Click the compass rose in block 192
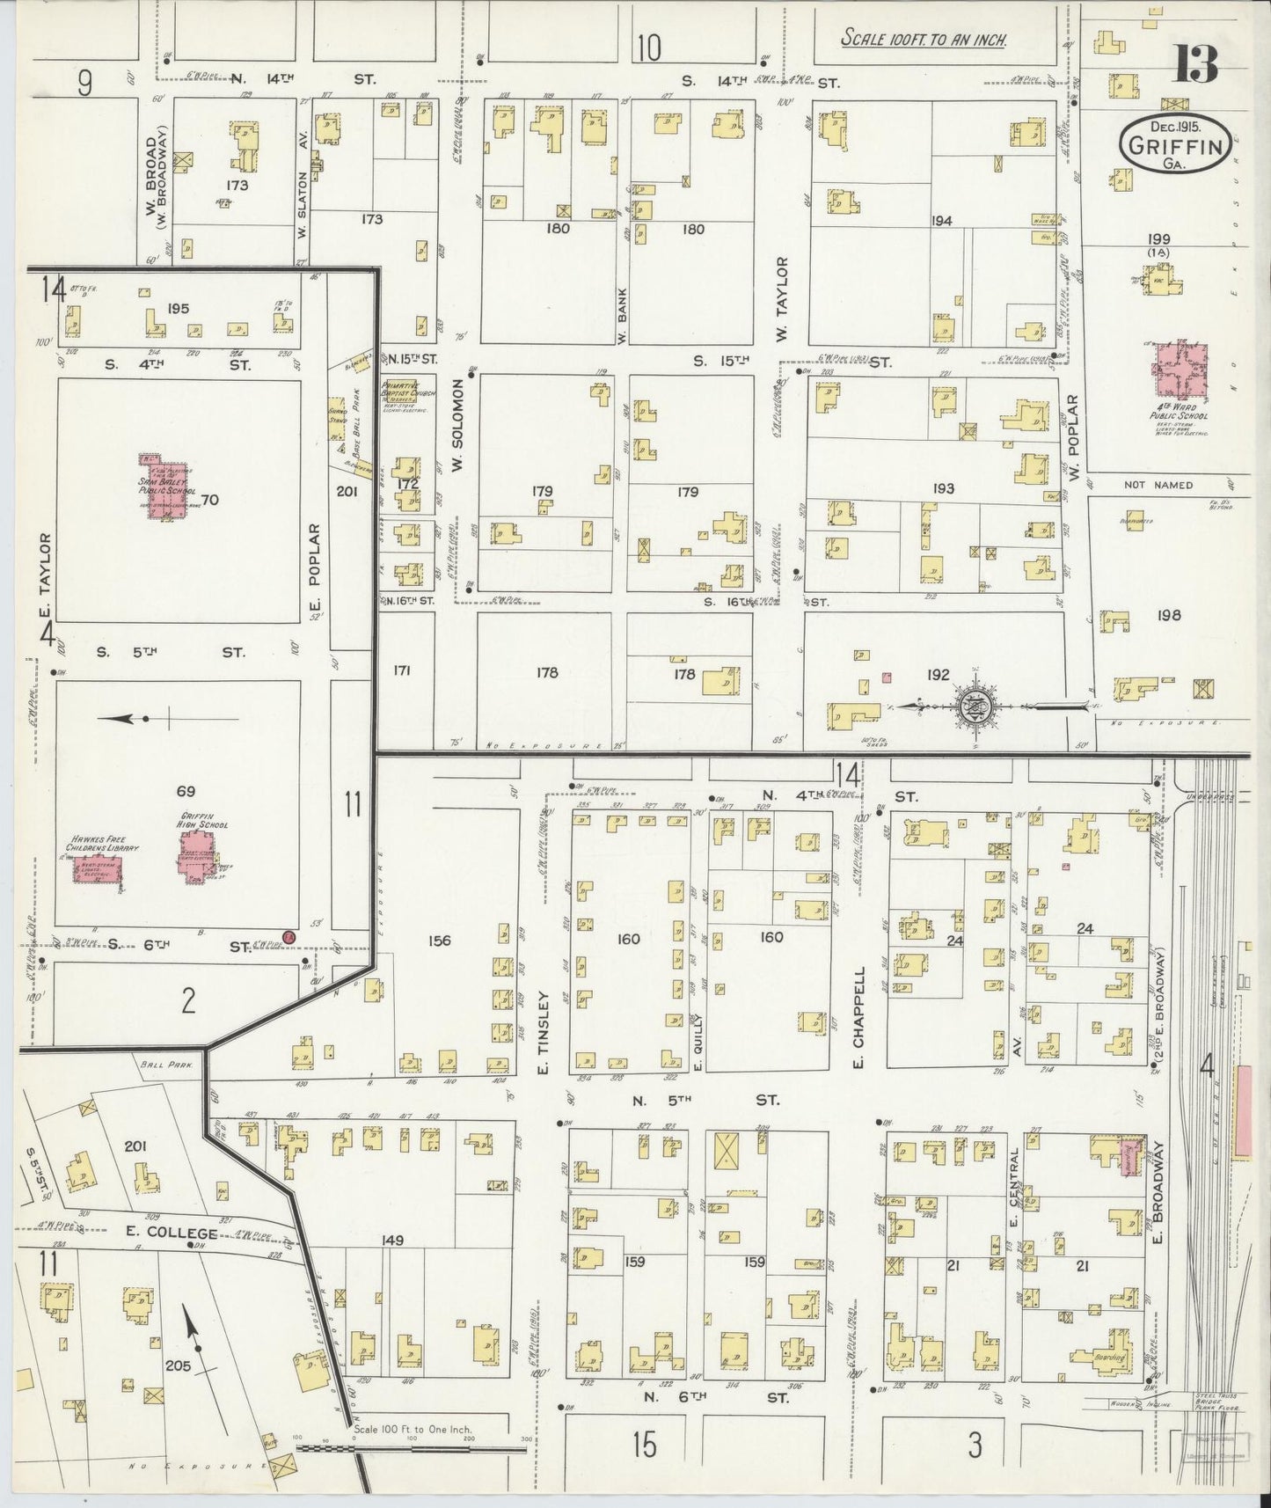click(975, 706)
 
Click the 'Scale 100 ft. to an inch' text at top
click(924, 39)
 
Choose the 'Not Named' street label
click(1158, 485)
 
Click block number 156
click(439, 941)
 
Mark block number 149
click(392, 1240)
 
